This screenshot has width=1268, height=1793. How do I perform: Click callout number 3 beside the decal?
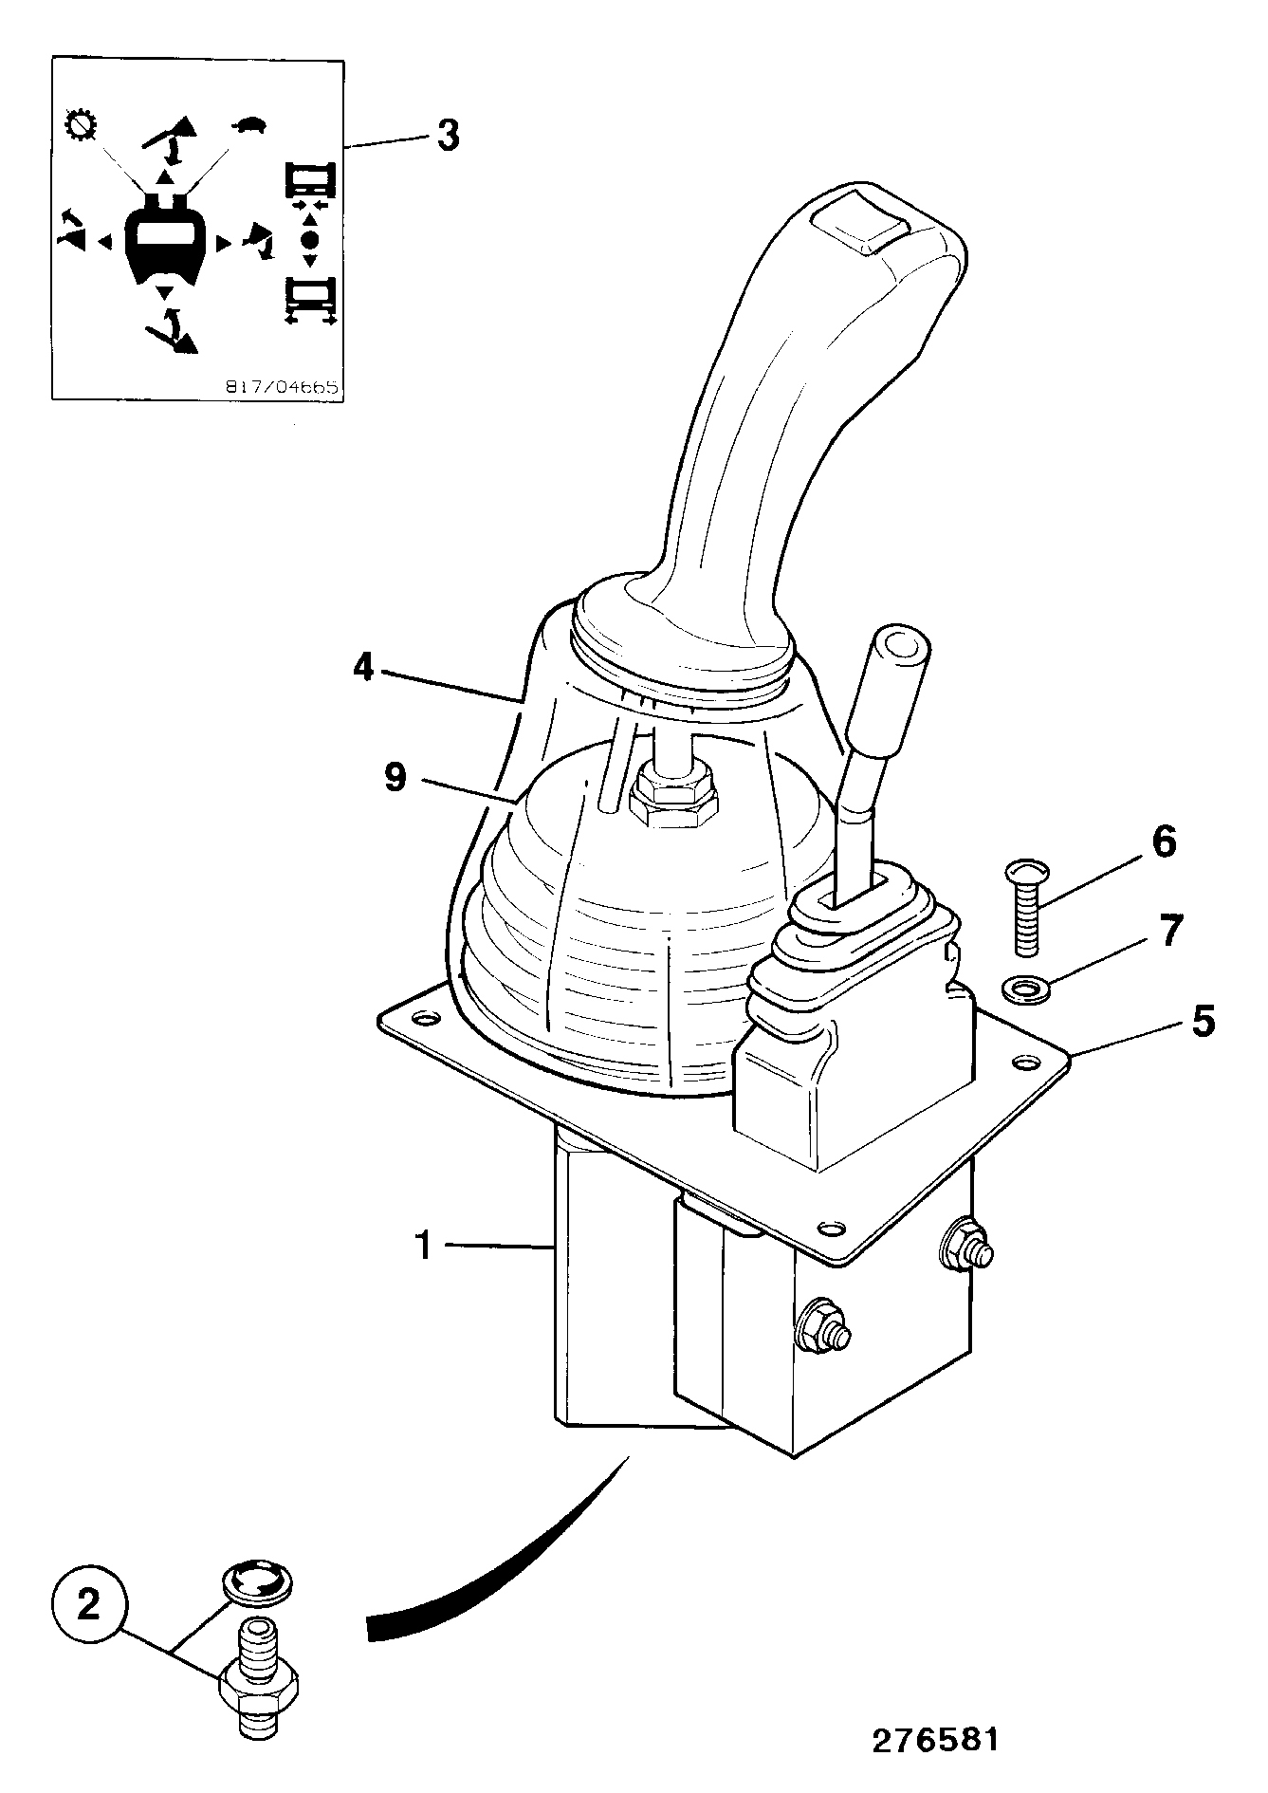[x=447, y=135]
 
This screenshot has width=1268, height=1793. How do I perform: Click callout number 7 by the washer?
[x=1171, y=932]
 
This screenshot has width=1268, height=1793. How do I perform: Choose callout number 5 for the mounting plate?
[x=1203, y=1022]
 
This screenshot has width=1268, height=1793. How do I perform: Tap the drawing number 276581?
[x=935, y=1740]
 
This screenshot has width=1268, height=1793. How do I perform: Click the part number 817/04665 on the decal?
[x=282, y=387]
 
